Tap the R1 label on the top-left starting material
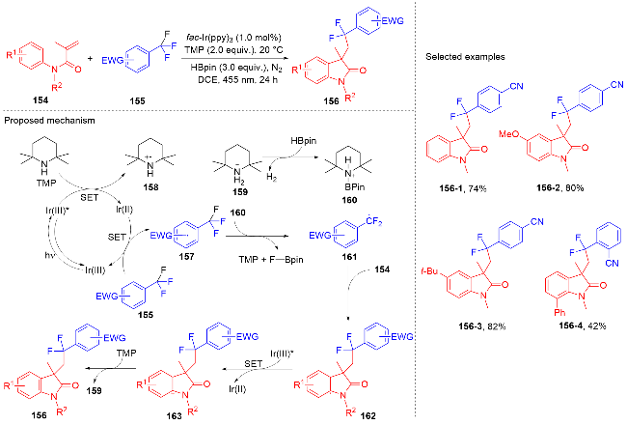(x=10, y=46)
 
